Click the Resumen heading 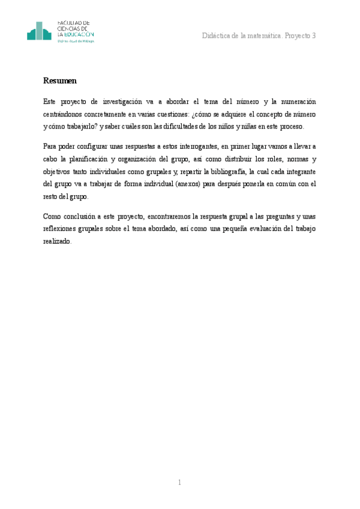tap(59, 80)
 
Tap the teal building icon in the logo tap(40, 32)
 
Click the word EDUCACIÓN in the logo tap(79, 35)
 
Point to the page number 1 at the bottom tap(179, 482)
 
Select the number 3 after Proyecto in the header tap(313, 36)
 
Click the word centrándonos tap(65, 113)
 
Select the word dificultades tap(180, 126)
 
